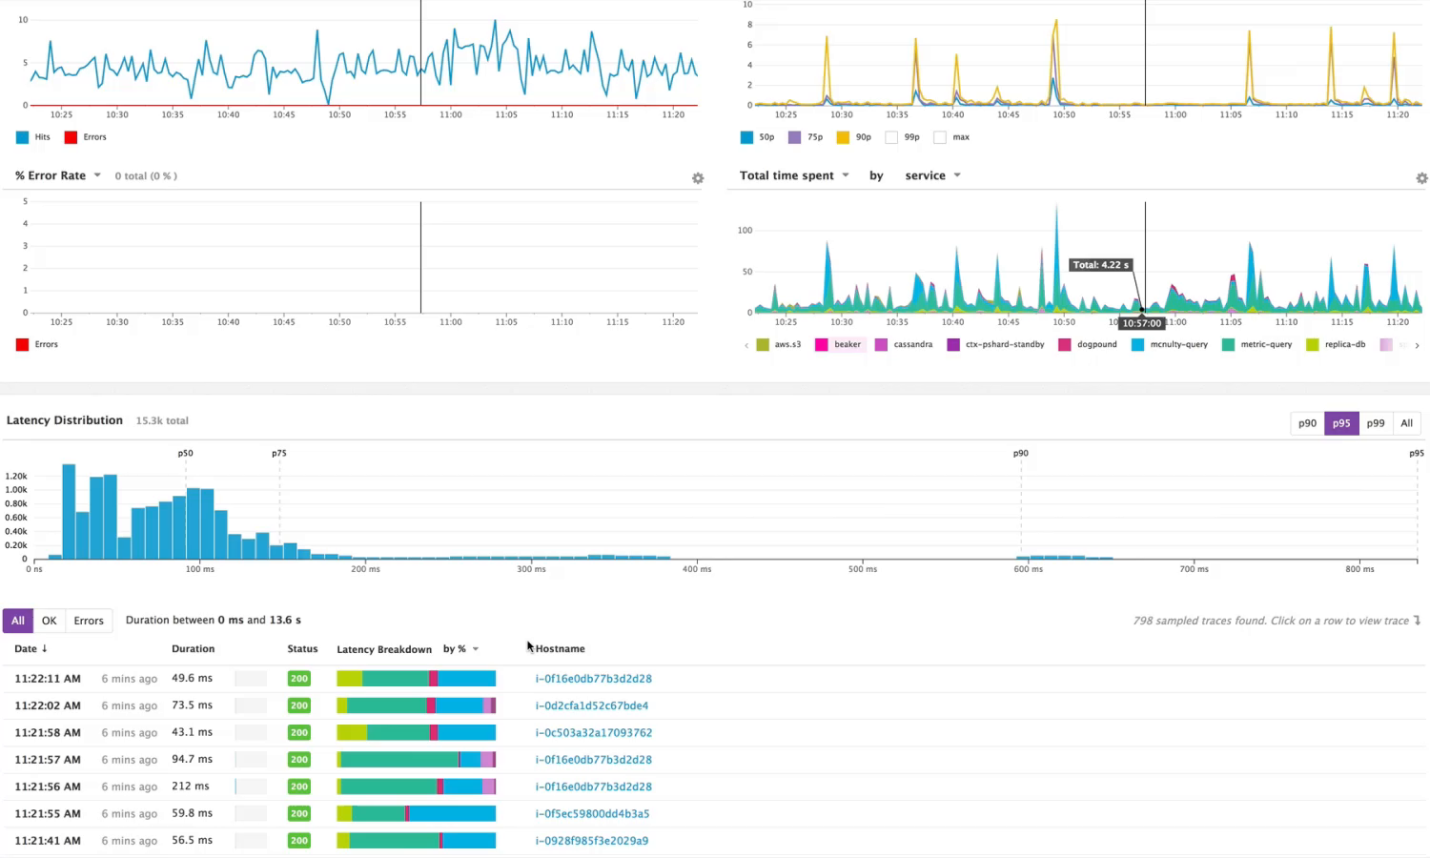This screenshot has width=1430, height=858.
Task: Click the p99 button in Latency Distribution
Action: (x=1375, y=423)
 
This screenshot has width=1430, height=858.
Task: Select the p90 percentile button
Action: (x=1307, y=423)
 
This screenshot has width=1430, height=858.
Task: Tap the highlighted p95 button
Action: (x=1341, y=423)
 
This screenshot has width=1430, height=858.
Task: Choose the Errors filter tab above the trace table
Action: (x=89, y=621)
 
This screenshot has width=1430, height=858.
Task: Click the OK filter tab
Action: (x=50, y=621)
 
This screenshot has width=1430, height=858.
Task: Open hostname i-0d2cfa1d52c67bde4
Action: (x=592, y=705)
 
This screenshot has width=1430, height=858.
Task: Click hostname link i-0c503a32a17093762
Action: (x=594, y=733)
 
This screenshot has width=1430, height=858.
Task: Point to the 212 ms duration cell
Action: (x=191, y=786)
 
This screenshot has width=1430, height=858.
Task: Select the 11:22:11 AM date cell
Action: (x=48, y=679)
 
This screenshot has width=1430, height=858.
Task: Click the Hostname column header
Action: (x=561, y=649)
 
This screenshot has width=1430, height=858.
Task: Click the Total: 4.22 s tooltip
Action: (x=1100, y=265)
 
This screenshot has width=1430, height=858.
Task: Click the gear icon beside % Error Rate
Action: (x=698, y=178)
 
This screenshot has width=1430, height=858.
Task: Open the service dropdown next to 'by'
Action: (x=932, y=175)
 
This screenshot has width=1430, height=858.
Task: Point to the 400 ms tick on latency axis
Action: (x=697, y=569)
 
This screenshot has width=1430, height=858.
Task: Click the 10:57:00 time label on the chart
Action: (x=1141, y=323)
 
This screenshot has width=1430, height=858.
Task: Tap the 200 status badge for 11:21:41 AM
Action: (x=299, y=841)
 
